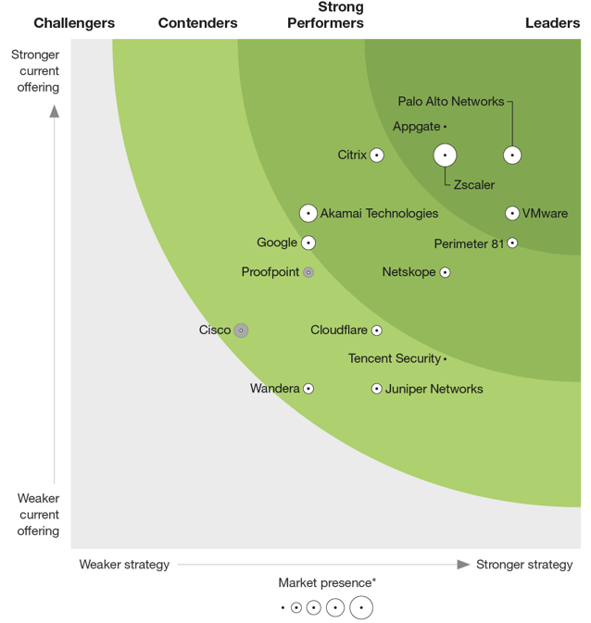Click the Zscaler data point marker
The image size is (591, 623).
(445, 156)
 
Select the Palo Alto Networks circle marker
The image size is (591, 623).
(512, 156)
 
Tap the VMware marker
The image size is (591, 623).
(512, 214)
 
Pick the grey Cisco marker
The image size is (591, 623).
(241, 330)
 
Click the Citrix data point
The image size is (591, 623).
(377, 156)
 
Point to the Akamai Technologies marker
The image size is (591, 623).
(308, 214)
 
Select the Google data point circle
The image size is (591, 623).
(308, 243)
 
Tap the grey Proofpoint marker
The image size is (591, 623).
(308, 272)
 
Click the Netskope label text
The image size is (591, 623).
(409, 272)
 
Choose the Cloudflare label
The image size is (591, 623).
(339, 330)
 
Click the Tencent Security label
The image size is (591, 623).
(395, 359)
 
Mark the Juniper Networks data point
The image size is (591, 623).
(377, 389)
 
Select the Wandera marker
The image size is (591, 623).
(308, 389)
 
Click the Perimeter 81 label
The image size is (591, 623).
(469, 243)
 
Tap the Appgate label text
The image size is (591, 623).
(416, 127)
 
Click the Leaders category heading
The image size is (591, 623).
(552, 23)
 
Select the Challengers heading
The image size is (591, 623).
(74, 23)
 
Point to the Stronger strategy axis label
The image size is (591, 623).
(524, 565)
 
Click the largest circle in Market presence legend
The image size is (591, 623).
(361, 608)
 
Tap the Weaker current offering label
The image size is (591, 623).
(38, 515)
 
